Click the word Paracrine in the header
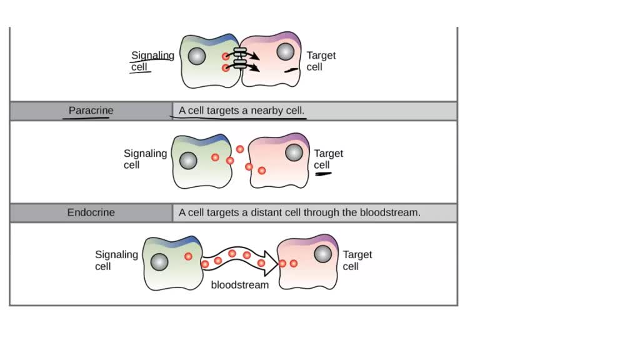tap(91, 111)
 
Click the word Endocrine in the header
tap(91, 212)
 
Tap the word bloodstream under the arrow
tap(240, 285)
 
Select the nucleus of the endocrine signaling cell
tap(159, 262)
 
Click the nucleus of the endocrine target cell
tap(322, 254)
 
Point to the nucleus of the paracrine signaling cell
tap(188, 161)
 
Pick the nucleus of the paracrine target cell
tap(294, 152)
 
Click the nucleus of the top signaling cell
tap(196, 57)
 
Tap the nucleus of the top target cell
tap(286, 51)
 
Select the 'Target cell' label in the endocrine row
tap(357, 260)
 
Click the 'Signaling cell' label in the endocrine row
tap(116, 260)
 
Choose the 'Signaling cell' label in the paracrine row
tap(145, 159)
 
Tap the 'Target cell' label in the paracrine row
tap(328, 159)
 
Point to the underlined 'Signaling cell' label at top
tap(152, 61)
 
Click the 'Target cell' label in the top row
tap(321, 61)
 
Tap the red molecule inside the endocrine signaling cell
tap(187, 256)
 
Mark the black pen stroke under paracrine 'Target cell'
tap(323, 174)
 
